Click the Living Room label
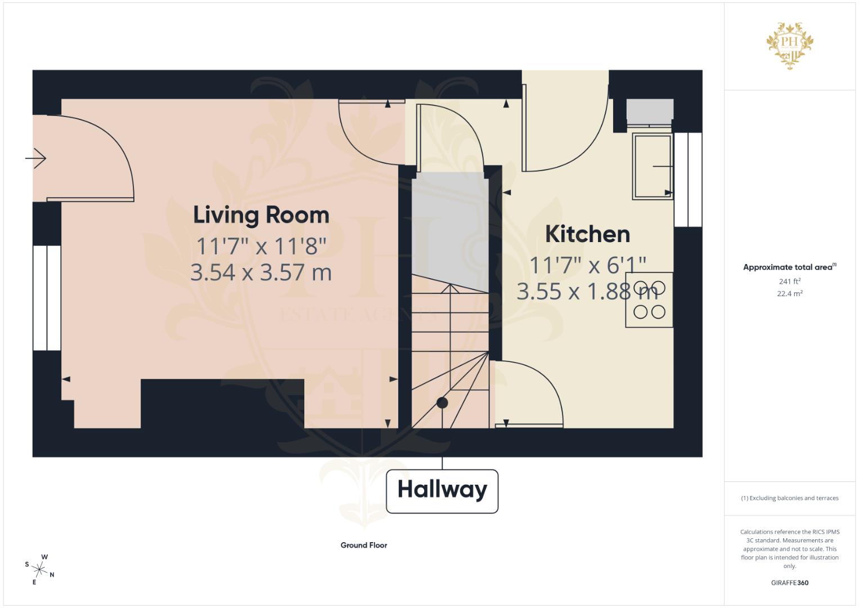pos(261,215)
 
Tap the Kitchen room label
pos(587,234)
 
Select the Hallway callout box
pos(442,491)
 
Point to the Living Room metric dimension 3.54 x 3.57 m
pos(261,272)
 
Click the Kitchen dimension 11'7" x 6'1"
pos(587,265)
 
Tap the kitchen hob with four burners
pos(649,300)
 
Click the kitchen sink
pos(652,166)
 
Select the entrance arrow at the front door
pos(36,158)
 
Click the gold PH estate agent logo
pos(790,45)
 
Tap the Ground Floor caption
pos(363,545)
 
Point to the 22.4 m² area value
pos(789,293)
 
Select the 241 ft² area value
pos(789,281)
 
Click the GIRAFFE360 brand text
pos(789,583)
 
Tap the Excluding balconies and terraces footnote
pos(789,498)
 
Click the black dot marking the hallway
pos(442,403)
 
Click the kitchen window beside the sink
pos(688,180)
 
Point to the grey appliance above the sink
pos(650,111)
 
